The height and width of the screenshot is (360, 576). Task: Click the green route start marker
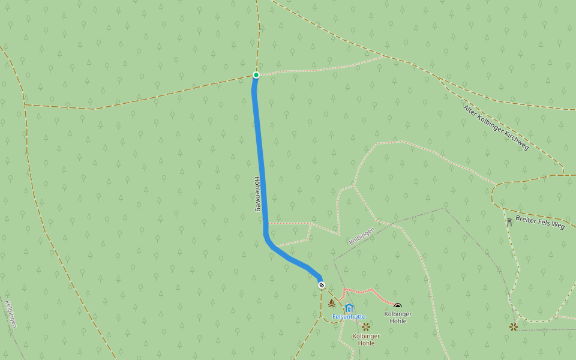click(x=256, y=75)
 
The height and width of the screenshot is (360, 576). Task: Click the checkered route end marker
click(x=322, y=285)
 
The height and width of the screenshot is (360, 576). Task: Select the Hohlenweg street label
click(x=257, y=193)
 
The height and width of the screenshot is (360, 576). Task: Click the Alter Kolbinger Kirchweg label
click(x=496, y=127)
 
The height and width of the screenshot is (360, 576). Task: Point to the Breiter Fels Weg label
click(x=540, y=222)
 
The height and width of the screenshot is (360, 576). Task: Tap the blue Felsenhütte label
click(x=349, y=317)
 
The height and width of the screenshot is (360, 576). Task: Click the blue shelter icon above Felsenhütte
click(x=349, y=308)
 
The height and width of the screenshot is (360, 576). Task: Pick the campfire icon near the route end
click(x=332, y=303)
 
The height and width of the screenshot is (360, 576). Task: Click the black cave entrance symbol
click(x=397, y=307)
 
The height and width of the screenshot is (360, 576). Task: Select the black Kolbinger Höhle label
click(x=398, y=317)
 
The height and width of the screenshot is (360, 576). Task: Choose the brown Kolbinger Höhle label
click(x=366, y=340)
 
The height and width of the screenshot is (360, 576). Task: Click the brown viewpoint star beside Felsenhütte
click(x=365, y=327)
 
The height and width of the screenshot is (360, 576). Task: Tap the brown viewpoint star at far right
click(x=514, y=327)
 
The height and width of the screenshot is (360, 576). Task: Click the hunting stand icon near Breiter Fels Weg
click(x=509, y=222)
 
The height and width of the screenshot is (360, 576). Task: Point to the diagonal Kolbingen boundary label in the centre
click(x=362, y=235)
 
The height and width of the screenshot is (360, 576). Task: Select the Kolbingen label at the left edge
click(x=11, y=314)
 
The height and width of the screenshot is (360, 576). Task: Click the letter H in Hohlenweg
click(x=257, y=179)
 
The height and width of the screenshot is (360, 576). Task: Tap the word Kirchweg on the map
click(x=515, y=140)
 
